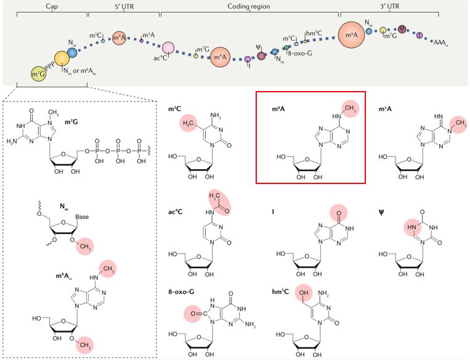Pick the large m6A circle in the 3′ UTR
[x=351, y=36]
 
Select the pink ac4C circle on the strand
[x=168, y=48]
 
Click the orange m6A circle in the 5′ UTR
[x=120, y=39]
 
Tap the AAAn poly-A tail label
[x=440, y=42]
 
